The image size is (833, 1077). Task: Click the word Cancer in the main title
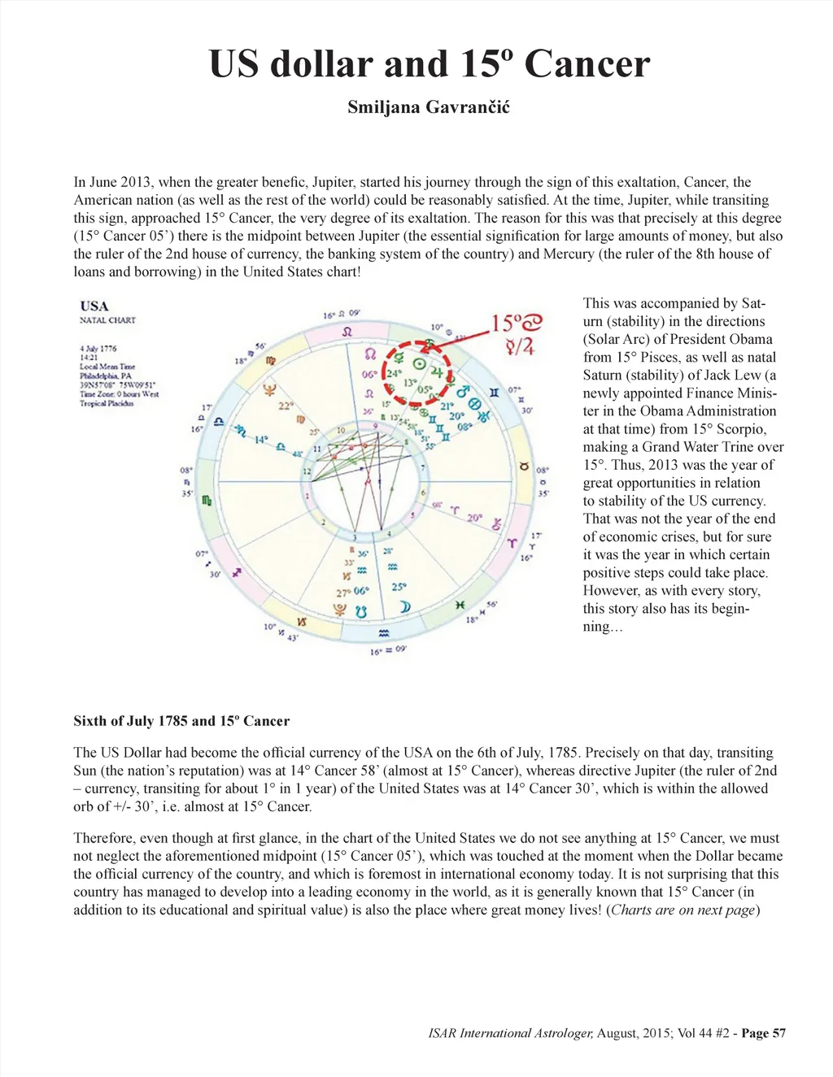click(x=587, y=63)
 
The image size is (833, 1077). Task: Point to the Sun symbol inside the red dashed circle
click(x=420, y=364)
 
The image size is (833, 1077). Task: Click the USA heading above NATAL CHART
click(x=94, y=306)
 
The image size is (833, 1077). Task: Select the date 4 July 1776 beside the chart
click(x=98, y=348)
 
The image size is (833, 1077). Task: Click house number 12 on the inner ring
click(x=307, y=471)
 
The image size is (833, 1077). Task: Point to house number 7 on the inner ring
click(x=422, y=468)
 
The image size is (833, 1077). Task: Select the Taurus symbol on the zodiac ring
click(x=525, y=467)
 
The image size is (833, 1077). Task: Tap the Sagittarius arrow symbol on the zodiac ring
click(x=237, y=573)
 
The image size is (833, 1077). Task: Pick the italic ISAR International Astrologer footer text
click(x=511, y=1033)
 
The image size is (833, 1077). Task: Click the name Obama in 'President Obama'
click(x=746, y=339)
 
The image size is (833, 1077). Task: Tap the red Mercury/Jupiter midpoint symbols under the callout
click(x=520, y=347)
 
